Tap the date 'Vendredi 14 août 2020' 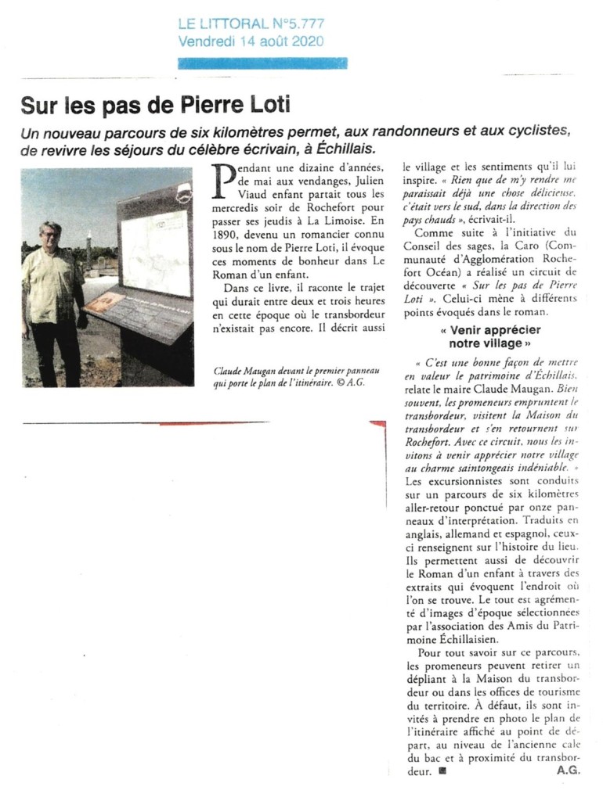tap(251, 41)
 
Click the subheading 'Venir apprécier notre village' tap(490, 336)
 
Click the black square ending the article tap(442, 770)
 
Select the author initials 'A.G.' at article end tap(568, 770)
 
